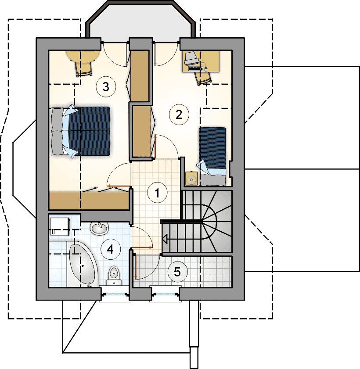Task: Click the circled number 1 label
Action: tap(157, 192)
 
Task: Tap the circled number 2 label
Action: tap(179, 115)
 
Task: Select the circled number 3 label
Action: tap(106, 87)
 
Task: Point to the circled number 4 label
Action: tap(111, 249)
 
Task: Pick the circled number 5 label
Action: tap(177, 272)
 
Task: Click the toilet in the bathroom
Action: tap(115, 276)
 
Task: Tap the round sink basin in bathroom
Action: tap(99, 228)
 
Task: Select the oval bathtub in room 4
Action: tap(83, 265)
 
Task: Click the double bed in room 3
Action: tap(81, 131)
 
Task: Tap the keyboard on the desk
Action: tap(196, 68)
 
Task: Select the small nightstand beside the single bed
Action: tap(191, 179)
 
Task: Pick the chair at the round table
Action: tap(83, 69)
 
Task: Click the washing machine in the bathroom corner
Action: tap(60, 226)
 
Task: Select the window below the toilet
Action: tap(115, 294)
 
